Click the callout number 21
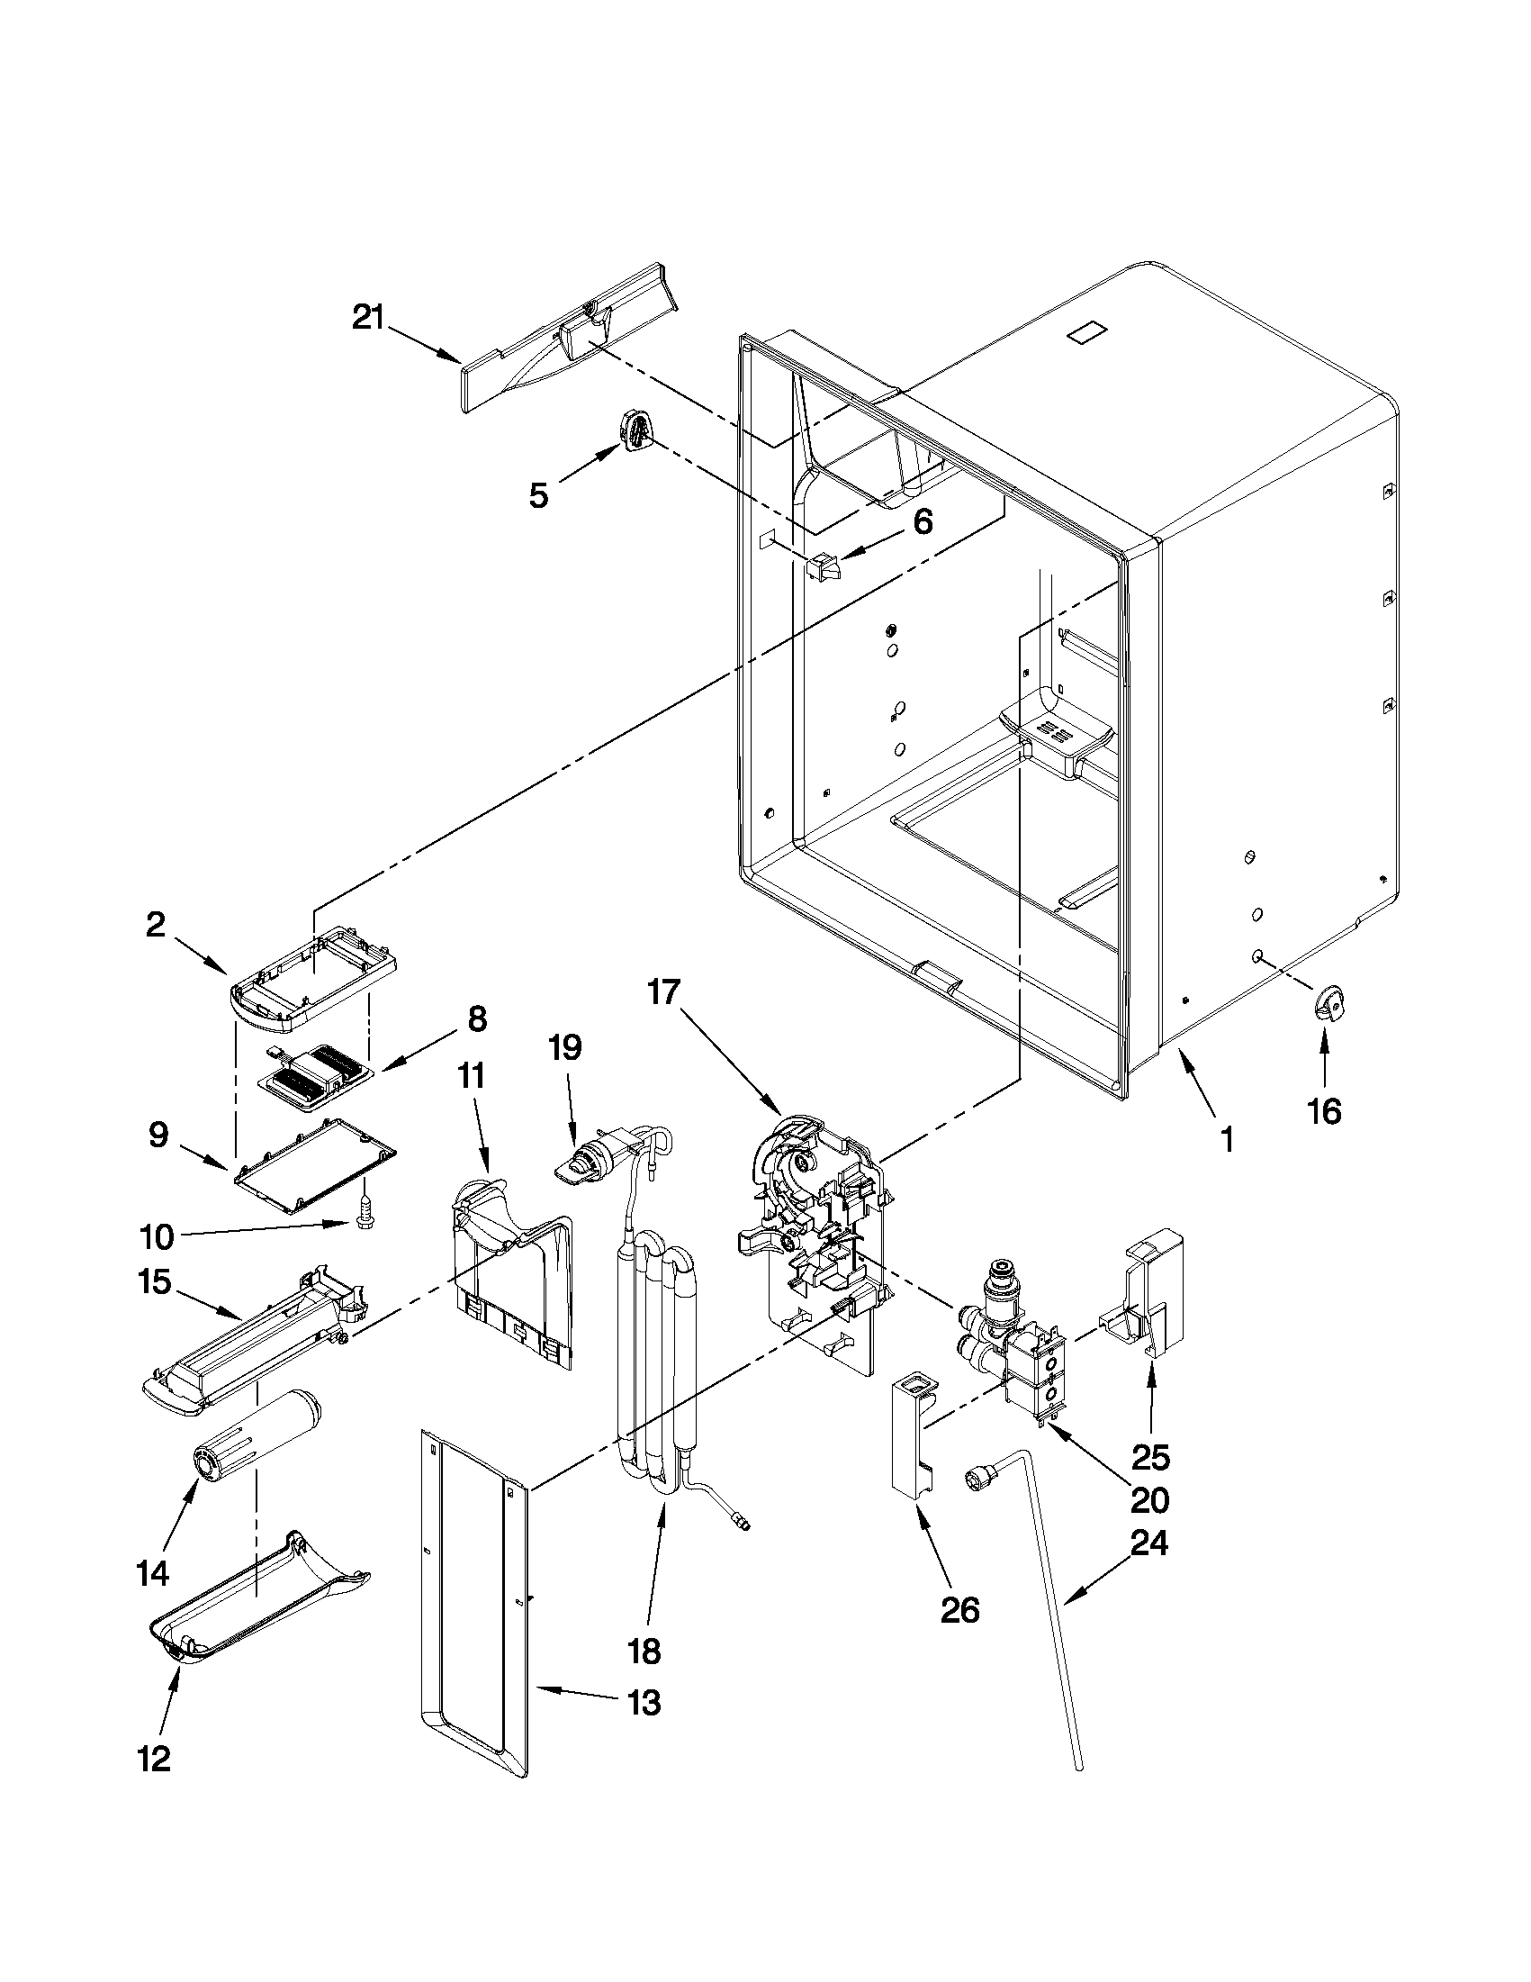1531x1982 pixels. [x=368, y=319]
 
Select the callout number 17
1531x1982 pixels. [x=663, y=992]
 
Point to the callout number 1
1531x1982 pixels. [x=1226, y=1140]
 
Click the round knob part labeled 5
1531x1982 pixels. [x=635, y=429]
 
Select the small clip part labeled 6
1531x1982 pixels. [x=822, y=569]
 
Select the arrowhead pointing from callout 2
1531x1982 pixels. [x=227, y=971]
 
